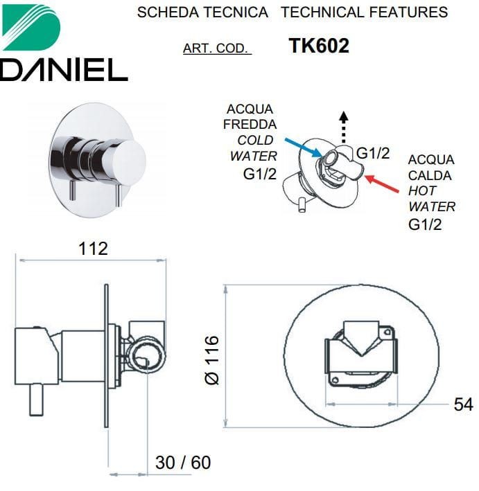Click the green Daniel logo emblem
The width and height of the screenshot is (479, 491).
(31, 27)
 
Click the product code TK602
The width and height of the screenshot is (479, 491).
(319, 46)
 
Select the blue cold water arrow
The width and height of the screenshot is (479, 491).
(304, 148)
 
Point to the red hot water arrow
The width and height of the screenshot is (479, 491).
(382, 184)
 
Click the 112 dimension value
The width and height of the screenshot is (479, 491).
(93, 249)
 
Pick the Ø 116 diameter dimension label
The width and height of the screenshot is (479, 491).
(212, 360)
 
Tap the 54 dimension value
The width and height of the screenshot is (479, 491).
(463, 404)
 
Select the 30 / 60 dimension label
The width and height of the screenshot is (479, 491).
(183, 463)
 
